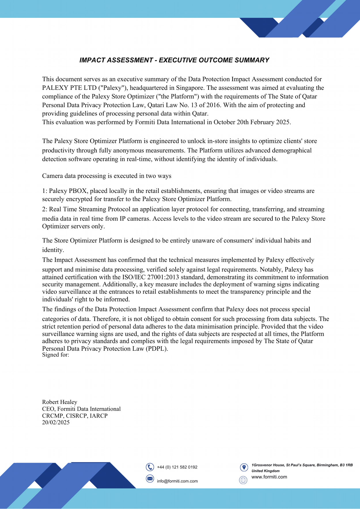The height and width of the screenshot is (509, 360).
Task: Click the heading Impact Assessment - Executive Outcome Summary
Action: [x=174, y=60]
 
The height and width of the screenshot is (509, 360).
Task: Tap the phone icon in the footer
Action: [x=150, y=467]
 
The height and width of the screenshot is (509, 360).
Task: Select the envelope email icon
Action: [x=150, y=479]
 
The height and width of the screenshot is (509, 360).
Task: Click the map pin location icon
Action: [x=244, y=467]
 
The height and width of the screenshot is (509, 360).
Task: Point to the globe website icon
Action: [x=243, y=480]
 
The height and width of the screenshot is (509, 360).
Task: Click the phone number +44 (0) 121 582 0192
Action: [x=177, y=467]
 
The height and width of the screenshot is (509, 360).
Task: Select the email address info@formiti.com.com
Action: [x=177, y=481]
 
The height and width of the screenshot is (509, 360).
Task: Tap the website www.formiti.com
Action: [x=269, y=477]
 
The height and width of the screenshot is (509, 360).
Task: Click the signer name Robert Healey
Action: [x=60, y=402]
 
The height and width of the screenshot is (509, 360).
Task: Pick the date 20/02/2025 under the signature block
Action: [x=56, y=422]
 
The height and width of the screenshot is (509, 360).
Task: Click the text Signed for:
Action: [x=56, y=355]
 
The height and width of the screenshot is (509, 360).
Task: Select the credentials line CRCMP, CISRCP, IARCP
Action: [x=75, y=416]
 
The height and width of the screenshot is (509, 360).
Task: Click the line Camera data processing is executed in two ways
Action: [x=107, y=176]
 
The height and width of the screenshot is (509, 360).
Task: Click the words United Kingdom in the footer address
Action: [x=266, y=471]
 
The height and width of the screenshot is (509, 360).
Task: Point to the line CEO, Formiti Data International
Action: [x=81, y=409]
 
